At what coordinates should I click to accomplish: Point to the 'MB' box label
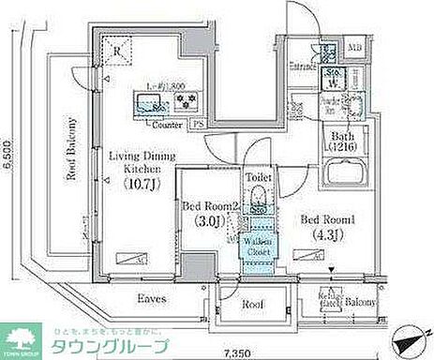[356, 46]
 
